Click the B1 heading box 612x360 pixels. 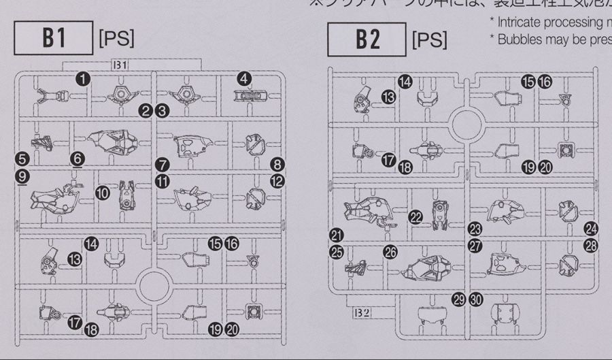tap(54, 39)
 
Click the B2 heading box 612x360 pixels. tap(367, 40)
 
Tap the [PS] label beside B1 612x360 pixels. tap(116, 39)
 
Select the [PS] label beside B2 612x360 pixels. tap(430, 40)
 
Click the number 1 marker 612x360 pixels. tap(84, 79)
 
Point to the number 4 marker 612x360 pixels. tap(244, 79)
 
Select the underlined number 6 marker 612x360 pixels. tap(78, 159)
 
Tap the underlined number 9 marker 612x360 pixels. tap(22, 177)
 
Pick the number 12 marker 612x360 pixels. tap(276, 181)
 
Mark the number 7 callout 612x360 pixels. tap(161, 164)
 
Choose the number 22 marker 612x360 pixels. tap(416, 216)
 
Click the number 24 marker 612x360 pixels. tap(591, 229)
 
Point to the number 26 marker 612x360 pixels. tap(390, 252)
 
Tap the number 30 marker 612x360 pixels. tap(476, 299)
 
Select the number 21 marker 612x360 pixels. tap(337, 235)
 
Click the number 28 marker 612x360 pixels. tap(590, 246)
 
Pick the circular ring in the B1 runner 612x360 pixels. tap(154, 282)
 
